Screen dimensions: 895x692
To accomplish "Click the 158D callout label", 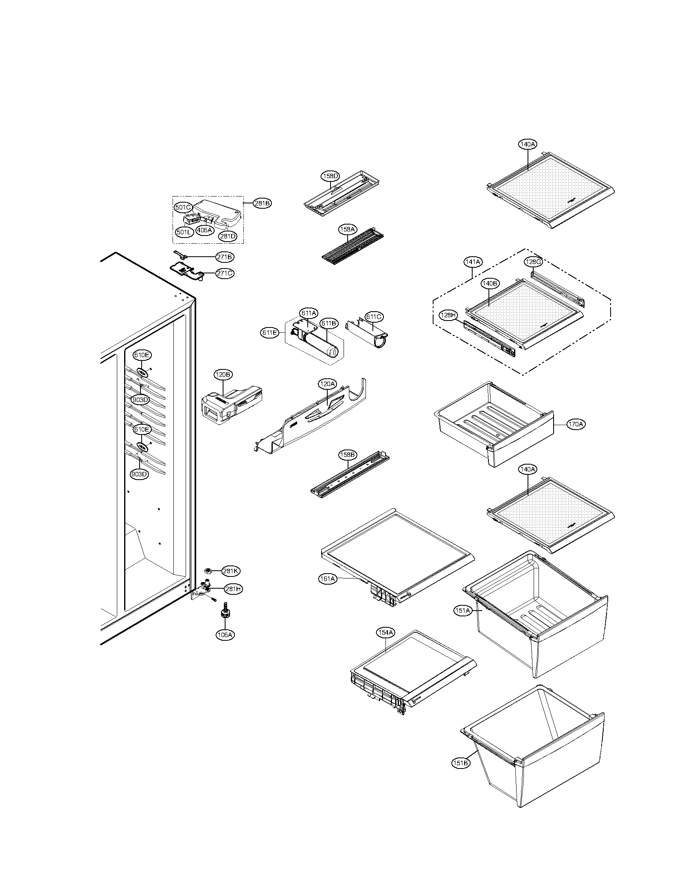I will click(x=330, y=176).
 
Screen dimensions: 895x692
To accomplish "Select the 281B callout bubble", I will click(x=262, y=203).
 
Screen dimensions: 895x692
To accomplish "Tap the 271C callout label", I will click(x=225, y=273).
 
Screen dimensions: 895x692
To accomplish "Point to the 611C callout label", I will click(x=373, y=317).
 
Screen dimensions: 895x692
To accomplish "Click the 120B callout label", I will click(x=223, y=375).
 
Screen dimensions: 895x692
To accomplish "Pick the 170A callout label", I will click(x=576, y=424).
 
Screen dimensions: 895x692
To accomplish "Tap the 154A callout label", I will click(x=385, y=633).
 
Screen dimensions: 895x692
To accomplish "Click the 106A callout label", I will click(x=225, y=635).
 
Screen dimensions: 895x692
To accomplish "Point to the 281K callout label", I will click(x=230, y=571).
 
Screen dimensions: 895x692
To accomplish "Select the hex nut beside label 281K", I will click(x=208, y=570).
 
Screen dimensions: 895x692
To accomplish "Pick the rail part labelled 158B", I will click(x=349, y=475).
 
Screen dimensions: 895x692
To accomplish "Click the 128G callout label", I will click(x=533, y=262).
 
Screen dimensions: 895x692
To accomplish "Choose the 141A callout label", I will click(x=473, y=262).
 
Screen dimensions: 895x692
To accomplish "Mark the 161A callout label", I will click(x=328, y=578).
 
